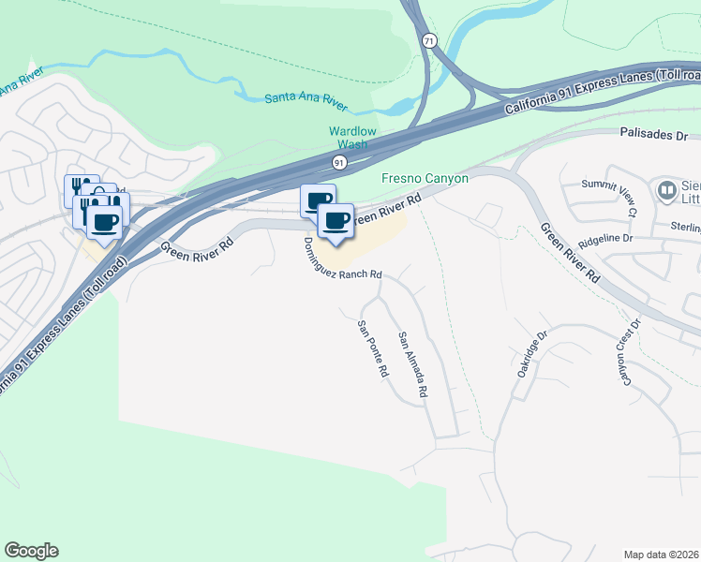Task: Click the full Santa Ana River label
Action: pyautogui.click(x=306, y=96)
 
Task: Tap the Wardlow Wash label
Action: pyautogui.click(x=352, y=139)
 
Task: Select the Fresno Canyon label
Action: pyautogui.click(x=425, y=178)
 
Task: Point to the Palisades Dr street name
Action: pyautogui.click(x=654, y=135)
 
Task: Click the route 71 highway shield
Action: pyautogui.click(x=428, y=41)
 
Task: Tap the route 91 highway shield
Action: pyautogui.click(x=338, y=163)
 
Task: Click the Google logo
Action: pyautogui.click(x=31, y=551)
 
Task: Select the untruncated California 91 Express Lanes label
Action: pyautogui.click(x=601, y=92)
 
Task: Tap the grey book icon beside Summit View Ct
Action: pyautogui.click(x=667, y=192)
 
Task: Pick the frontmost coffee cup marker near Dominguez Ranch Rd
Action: pyautogui.click(x=336, y=221)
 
